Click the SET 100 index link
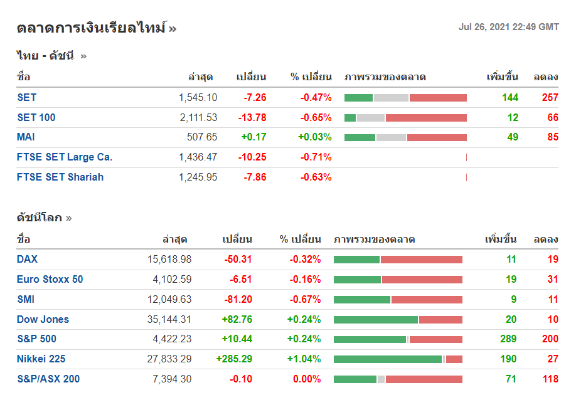(36, 117)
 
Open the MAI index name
(26, 137)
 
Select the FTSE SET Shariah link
(60, 177)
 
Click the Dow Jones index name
(43, 320)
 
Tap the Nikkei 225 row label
(41, 359)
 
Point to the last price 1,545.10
(198, 98)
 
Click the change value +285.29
(234, 359)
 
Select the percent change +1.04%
(304, 359)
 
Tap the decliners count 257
(550, 98)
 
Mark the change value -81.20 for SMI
(238, 300)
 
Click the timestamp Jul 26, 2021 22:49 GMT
(508, 27)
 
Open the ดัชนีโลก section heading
(40, 218)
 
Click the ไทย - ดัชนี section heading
(45, 56)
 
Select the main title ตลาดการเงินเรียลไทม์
(92, 28)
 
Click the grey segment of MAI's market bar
(391, 137)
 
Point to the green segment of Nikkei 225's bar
(388, 359)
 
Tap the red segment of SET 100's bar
(426, 118)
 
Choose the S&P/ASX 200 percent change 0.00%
(307, 379)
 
